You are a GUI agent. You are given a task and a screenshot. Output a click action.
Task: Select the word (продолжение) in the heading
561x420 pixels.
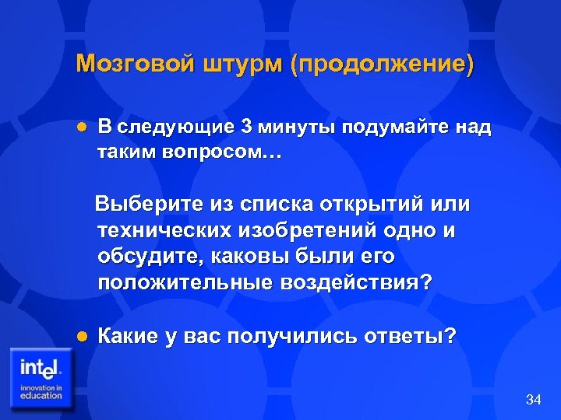pos(382,64)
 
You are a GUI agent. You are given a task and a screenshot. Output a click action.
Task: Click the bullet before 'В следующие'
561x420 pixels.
pos(80,127)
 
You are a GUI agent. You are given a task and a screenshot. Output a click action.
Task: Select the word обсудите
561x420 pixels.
pos(146,257)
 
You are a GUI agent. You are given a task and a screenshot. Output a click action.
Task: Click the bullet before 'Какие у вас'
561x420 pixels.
pos(80,336)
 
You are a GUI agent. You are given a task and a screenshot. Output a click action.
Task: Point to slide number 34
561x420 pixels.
pos(534,400)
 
